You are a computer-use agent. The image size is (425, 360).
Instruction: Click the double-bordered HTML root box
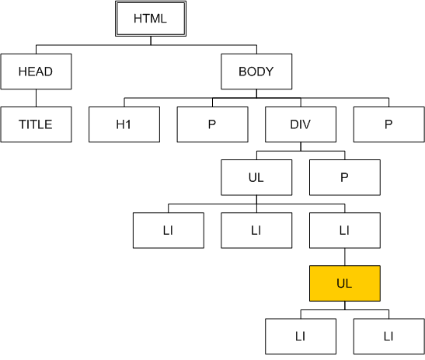151,19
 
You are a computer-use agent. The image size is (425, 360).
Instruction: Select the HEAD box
36,72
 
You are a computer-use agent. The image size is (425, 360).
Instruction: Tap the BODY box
256,72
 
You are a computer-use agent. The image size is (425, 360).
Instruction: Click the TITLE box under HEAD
36,124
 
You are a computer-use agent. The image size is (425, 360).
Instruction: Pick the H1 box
124,124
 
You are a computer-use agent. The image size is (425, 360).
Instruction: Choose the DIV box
301,124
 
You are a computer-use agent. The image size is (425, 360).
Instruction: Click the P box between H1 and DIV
213,124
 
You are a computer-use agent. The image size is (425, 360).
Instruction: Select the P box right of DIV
389,124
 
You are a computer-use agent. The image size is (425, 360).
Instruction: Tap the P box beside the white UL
345,177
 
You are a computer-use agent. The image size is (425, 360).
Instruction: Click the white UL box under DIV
256,177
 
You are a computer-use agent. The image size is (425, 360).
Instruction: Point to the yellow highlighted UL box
345,284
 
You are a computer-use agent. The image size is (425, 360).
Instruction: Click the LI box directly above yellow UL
345,230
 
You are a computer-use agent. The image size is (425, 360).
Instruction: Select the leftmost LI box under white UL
169,230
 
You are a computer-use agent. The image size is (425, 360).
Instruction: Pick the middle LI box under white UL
256,230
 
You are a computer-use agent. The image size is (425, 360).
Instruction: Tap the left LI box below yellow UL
301,337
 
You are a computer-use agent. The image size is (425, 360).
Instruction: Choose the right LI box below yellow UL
389,337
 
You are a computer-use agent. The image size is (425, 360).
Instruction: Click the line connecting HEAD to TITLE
36,98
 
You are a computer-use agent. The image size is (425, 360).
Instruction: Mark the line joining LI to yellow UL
345,257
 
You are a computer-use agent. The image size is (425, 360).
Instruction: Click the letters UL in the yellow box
344,284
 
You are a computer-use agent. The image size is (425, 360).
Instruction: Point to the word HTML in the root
150,19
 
